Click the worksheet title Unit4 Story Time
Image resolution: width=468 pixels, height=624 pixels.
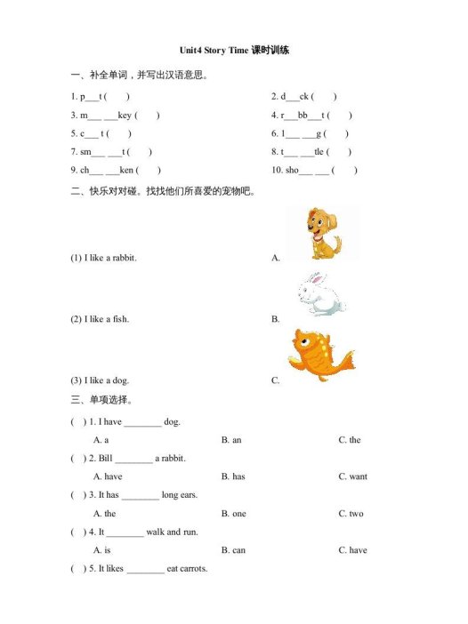[234, 51]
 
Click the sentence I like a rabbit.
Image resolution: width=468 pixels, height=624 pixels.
[104, 258]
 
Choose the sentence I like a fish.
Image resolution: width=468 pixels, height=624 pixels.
[100, 318]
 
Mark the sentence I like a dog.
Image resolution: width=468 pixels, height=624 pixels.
[101, 380]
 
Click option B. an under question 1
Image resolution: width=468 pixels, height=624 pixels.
[231, 440]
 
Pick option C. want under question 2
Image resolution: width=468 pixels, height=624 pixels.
[352, 476]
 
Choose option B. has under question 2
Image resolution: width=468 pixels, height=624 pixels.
[233, 476]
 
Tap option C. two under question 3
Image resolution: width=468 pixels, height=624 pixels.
[351, 514]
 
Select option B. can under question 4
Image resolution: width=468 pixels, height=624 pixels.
[233, 550]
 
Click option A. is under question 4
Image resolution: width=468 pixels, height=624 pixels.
[101, 550]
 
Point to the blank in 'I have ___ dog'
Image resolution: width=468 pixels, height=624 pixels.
[142, 423]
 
